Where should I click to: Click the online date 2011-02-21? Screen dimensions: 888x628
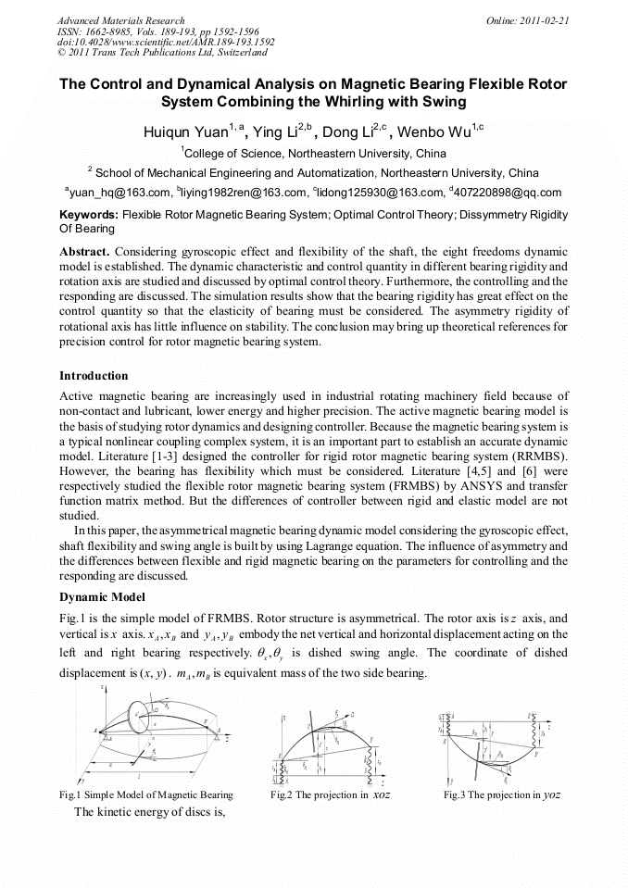pyautogui.click(x=544, y=20)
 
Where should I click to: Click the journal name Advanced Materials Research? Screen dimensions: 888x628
pyautogui.click(x=120, y=20)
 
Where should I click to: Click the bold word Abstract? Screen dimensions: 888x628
pyautogui.click(x=85, y=252)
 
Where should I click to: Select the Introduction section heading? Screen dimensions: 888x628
pyautogui.click(x=94, y=376)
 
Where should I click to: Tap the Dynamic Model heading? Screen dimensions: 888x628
pyautogui.click(x=102, y=597)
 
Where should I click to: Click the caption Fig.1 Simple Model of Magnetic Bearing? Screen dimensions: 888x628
pyautogui.click(x=145, y=795)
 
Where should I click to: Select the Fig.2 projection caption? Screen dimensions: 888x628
pyautogui.click(x=330, y=795)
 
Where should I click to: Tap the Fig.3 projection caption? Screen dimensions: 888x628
pyautogui.click(x=501, y=795)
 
